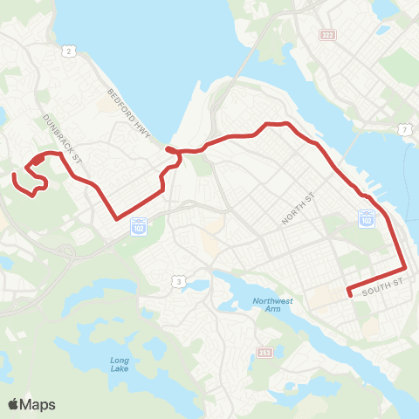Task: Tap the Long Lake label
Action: [120, 366]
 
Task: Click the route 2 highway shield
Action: [67, 52]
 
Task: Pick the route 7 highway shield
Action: [405, 129]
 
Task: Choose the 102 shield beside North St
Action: [367, 216]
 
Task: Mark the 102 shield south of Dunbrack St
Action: [138, 226]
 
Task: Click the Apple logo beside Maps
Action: [14, 404]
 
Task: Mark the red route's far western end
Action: [14, 177]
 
